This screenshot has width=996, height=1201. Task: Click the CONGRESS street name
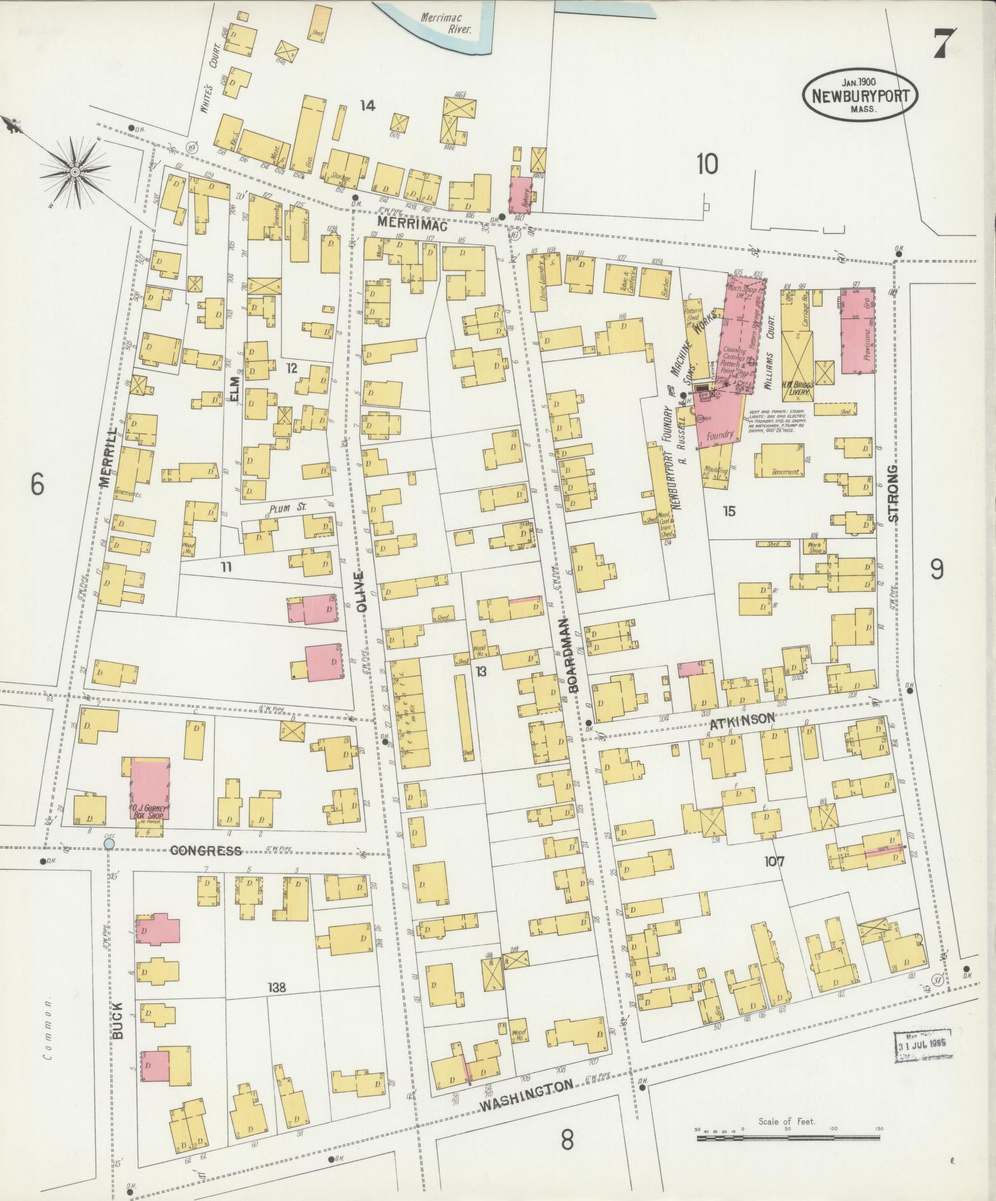pyautogui.click(x=206, y=850)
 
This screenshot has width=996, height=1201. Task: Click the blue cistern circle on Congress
pyautogui.click(x=109, y=843)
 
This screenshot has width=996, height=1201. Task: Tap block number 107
pyautogui.click(x=774, y=861)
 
